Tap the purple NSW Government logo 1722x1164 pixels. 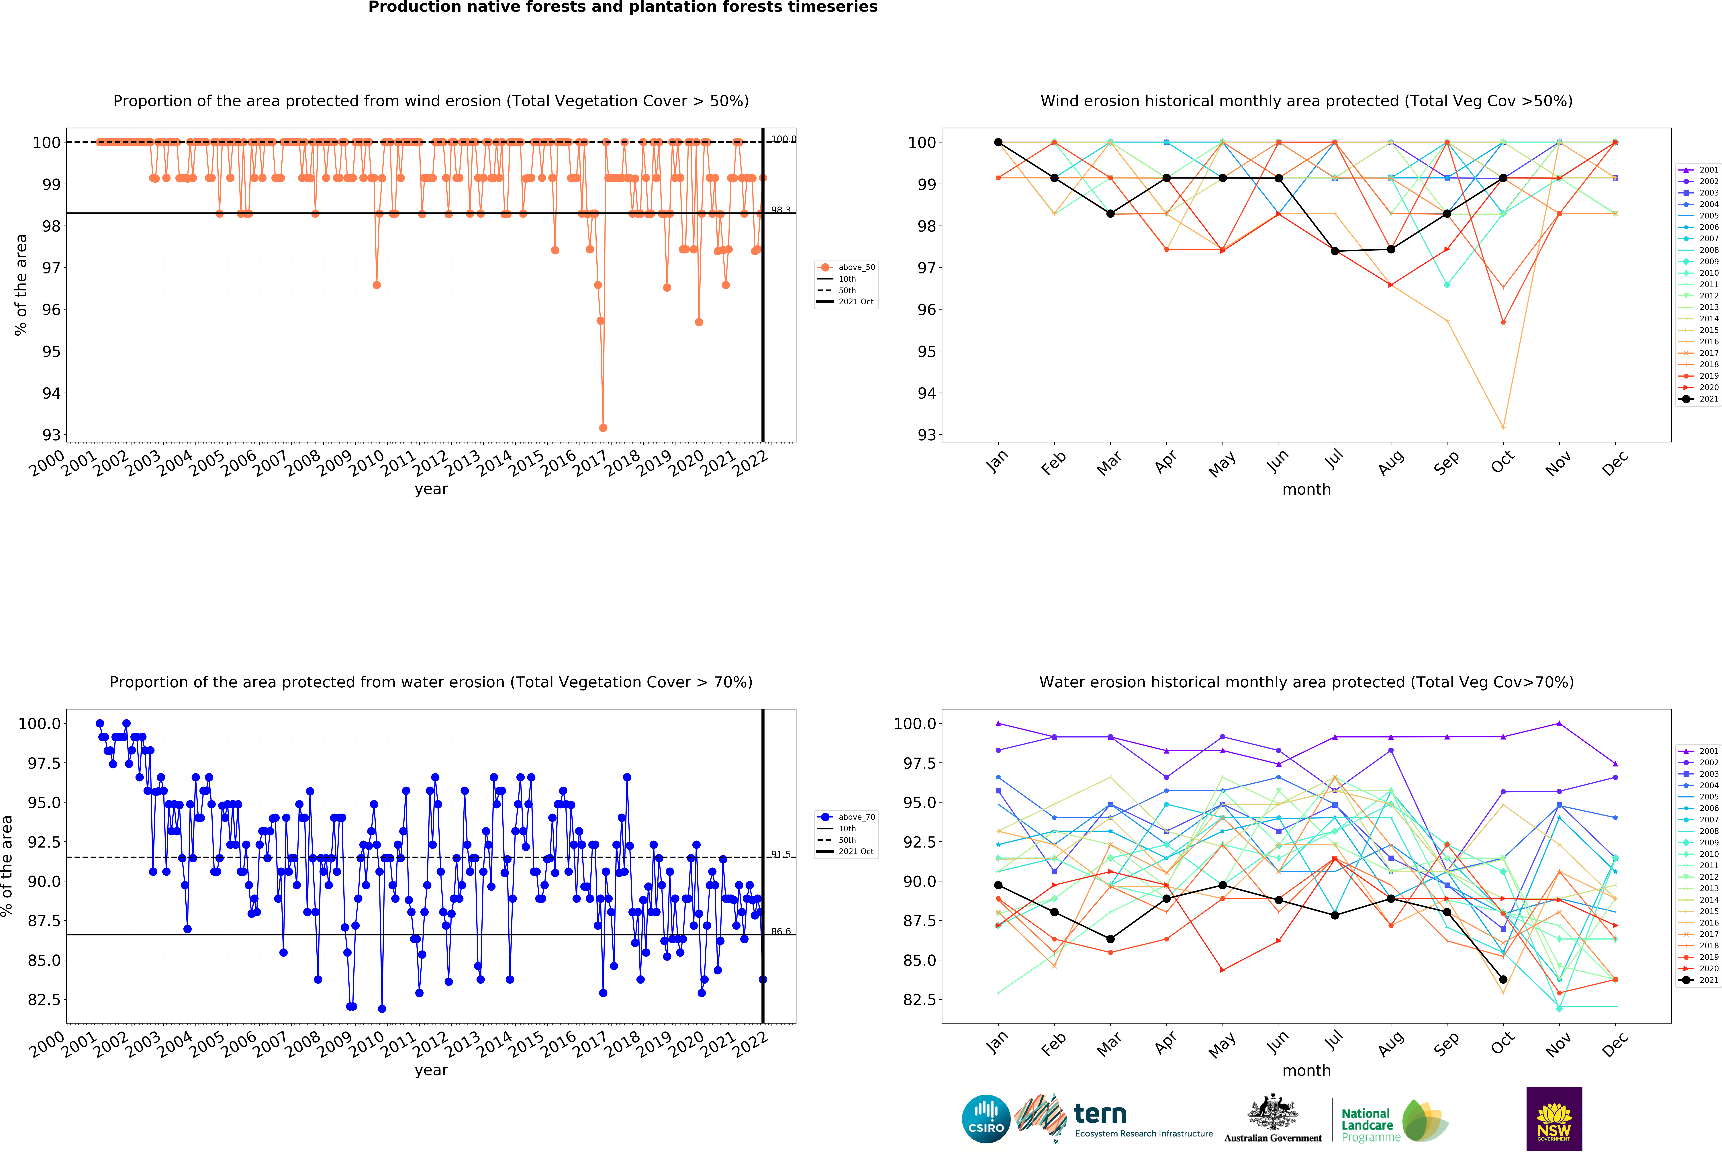tap(1554, 1119)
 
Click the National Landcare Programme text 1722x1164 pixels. tap(1367, 1125)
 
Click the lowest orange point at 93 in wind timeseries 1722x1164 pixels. tap(603, 428)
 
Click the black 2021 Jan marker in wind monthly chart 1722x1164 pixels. tap(998, 142)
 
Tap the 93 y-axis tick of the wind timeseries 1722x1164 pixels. tap(51, 435)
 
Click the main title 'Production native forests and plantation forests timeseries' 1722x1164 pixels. tap(622, 7)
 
